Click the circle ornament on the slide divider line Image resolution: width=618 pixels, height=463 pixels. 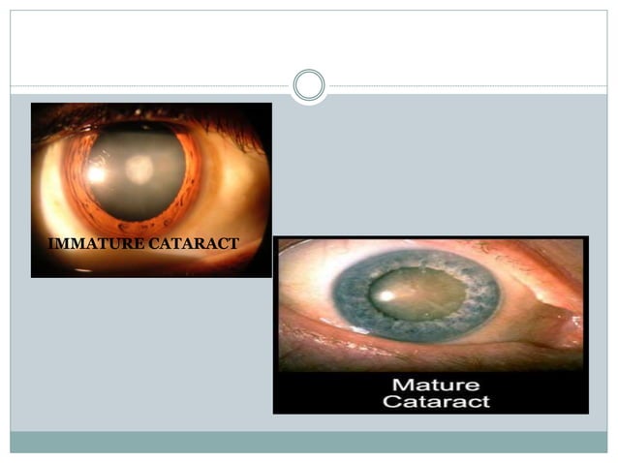(309, 85)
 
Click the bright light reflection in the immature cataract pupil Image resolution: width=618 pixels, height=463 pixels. (97, 174)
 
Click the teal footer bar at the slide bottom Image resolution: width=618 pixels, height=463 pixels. (309, 442)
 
